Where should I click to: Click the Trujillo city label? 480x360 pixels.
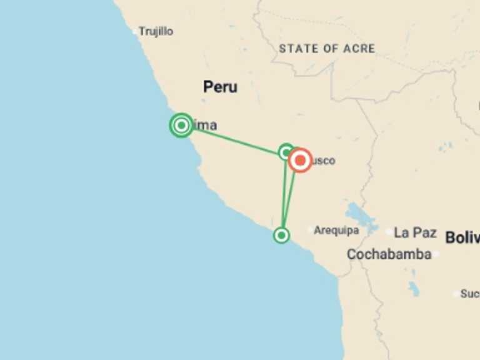click(156, 31)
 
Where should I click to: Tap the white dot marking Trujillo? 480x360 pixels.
click(134, 31)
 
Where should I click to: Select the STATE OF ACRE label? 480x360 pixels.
click(327, 48)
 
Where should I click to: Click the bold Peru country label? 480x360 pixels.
click(220, 87)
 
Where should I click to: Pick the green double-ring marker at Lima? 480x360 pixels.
click(181, 126)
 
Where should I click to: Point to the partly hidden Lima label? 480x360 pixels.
click(206, 126)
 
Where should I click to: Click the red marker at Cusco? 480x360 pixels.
click(300, 161)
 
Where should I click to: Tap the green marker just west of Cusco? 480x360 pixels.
click(286, 151)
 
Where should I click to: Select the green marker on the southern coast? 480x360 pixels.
click(281, 235)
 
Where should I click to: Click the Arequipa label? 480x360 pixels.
click(336, 231)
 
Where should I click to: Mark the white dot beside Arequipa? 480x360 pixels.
click(309, 230)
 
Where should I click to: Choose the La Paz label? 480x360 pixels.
click(415, 232)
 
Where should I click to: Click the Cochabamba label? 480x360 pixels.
click(389, 254)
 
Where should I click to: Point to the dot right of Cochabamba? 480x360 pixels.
click(436, 254)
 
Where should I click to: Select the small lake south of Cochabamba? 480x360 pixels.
click(413, 288)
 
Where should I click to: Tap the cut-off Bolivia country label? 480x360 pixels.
click(462, 237)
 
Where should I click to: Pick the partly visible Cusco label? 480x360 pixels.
click(324, 161)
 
